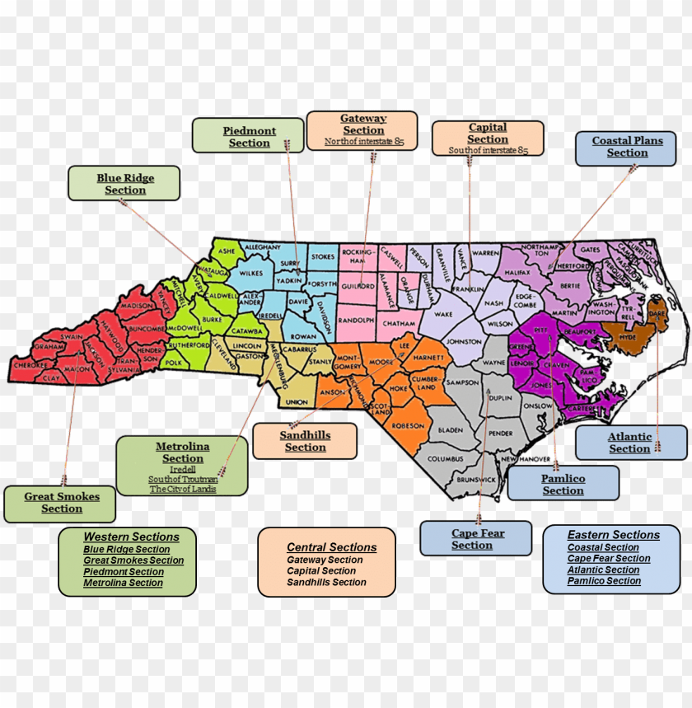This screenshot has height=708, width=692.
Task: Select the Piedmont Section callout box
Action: pyautogui.click(x=248, y=136)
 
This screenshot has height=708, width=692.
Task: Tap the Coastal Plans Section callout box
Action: pyautogui.click(x=627, y=147)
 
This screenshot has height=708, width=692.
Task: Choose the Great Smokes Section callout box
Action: pyautogui.click(x=62, y=503)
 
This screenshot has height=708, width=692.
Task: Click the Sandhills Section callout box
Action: pyautogui.click(x=305, y=441)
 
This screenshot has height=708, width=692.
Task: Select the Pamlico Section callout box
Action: pyautogui.click(x=563, y=484)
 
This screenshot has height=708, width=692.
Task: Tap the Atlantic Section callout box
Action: pyautogui.click(x=630, y=443)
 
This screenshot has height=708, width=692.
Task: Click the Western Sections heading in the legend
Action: pyautogui.click(x=130, y=537)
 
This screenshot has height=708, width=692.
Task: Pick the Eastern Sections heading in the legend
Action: pyautogui.click(x=613, y=535)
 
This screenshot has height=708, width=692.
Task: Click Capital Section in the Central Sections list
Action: pyautogui.click(x=321, y=570)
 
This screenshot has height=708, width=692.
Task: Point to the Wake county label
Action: pyautogui.click(x=444, y=314)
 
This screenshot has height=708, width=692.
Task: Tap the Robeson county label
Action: pyautogui.click(x=408, y=425)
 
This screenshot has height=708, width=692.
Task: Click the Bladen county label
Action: pyautogui.click(x=451, y=430)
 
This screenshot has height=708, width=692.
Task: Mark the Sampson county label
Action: pyautogui.click(x=462, y=383)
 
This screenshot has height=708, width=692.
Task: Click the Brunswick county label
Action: pyautogui.click(x=476, y=479)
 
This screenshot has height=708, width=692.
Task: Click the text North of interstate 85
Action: pyautogui.click(x=363, y=142)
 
